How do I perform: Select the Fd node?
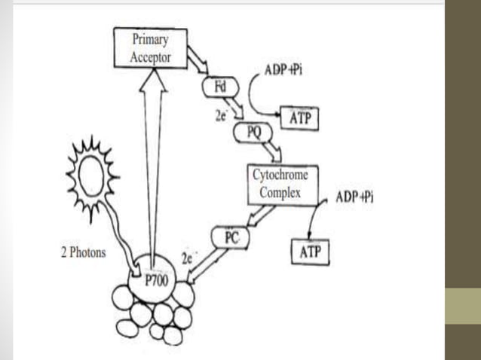click(x=220, y=87)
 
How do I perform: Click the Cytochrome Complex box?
click(x=279, y=184)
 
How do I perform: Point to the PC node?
click(x=231, y=239)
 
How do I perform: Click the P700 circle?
click(x=154, y=281)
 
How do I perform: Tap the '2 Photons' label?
click(x=84, y=252)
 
